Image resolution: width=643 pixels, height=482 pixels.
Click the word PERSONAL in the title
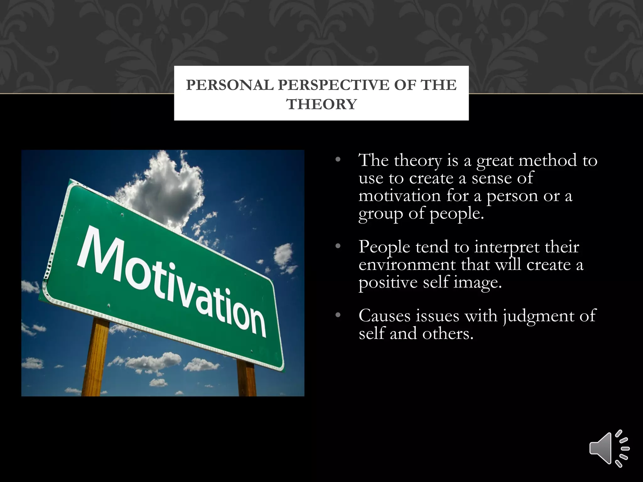230,85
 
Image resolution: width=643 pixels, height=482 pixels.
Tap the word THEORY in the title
321,104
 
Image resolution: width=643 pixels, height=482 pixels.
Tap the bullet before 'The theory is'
338,160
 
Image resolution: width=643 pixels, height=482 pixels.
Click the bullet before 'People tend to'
338,247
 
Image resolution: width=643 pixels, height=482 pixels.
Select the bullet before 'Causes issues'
338,315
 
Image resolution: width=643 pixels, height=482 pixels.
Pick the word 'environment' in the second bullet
407,265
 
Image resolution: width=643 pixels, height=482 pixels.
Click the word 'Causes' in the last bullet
384,315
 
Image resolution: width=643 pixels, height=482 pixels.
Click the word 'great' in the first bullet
494,161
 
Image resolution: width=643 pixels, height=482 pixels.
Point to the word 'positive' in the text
388,282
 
